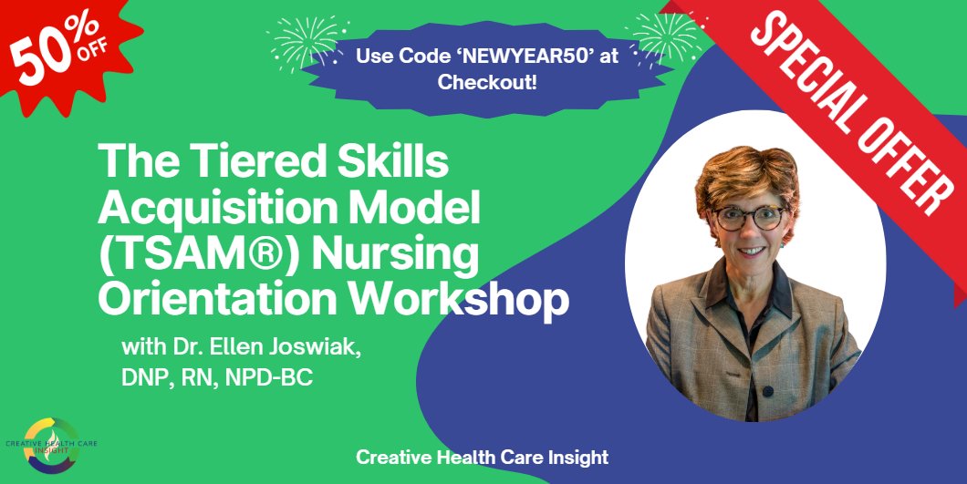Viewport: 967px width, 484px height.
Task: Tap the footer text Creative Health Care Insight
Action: tap(483, 457)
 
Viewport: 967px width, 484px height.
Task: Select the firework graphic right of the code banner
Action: tap(665, 36)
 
